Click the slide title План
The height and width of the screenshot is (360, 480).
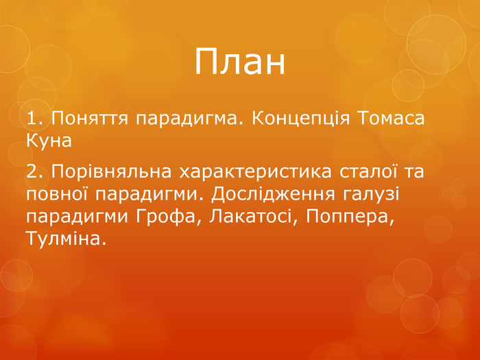[x=240, y=62]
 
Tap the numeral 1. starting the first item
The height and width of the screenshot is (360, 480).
[x=36, y=118]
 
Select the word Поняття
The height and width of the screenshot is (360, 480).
[x=89, y=119]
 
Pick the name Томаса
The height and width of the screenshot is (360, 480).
[x=391, y=118]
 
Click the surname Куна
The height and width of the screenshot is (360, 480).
[x=49, y=141]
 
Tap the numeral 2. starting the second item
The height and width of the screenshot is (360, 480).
[x=36, y=171]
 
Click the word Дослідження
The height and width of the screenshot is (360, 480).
[x=273, y=195]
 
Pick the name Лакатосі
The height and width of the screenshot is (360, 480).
[x=254, y=217]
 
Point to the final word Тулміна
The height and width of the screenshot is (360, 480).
[x=66, y=239]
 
